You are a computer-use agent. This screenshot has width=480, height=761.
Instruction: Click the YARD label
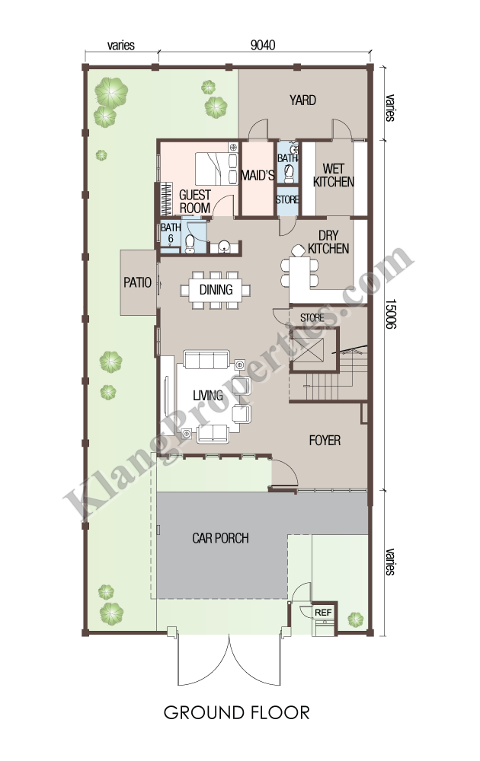click(302, 100)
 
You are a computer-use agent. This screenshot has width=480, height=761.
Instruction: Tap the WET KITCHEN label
click(333, 175)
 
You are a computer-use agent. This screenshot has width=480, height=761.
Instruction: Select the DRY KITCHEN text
click(328, 242)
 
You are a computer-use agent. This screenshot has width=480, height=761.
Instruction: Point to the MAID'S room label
click(258, 175)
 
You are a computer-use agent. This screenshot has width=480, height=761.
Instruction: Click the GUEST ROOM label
click(195, 202)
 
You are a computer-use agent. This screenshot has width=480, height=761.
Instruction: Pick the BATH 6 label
click(171, 233)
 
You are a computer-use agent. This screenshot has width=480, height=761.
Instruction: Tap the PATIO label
click(137, 282)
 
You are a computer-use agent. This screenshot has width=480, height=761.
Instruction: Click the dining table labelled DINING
click(216, 290)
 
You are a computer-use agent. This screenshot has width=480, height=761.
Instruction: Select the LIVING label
click(208, 396)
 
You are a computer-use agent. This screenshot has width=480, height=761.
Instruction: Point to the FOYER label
click(325, 440)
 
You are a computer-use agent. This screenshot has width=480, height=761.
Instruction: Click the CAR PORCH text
click(220, 538)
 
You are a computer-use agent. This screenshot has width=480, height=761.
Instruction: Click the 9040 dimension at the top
click(263, 45)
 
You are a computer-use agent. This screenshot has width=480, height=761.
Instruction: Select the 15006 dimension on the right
click(391, 314)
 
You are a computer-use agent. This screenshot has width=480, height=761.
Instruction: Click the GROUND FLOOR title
click(237, 712)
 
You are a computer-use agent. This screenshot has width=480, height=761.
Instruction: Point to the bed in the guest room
click(216, 168)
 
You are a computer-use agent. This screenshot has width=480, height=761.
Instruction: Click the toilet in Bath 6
click(190, 244)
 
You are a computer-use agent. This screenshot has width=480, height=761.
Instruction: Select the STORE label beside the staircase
click(312, 318)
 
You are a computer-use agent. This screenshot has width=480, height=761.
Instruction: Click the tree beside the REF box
click(356, 619)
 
